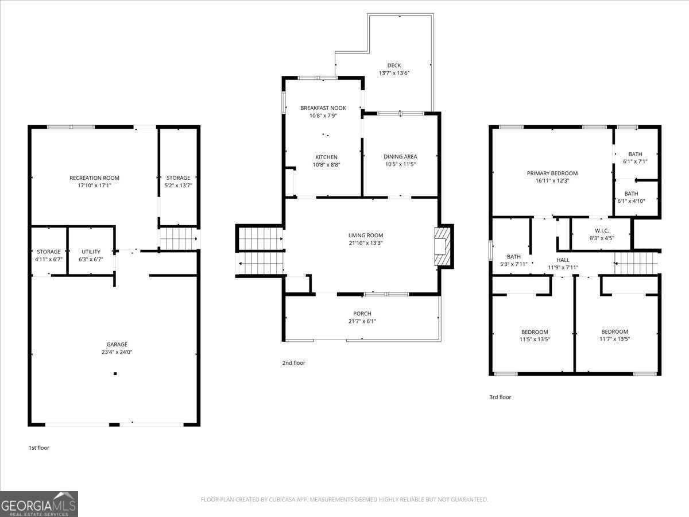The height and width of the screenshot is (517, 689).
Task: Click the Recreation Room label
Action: [94, 178]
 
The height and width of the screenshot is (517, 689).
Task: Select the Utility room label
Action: [91, 252]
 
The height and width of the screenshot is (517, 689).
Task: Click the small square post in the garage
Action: [115, 374]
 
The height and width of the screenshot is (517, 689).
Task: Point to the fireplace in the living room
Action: [443, 246]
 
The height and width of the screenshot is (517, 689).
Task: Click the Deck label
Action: [394, 65]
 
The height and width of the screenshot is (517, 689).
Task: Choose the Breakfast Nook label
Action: [323, 108]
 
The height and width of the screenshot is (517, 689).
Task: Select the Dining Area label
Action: [400, 156]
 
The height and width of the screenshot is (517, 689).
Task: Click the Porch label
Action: [362, 314]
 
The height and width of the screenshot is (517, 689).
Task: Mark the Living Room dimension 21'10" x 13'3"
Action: [365, 243]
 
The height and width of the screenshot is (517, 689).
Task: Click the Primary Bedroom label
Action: [552, 173]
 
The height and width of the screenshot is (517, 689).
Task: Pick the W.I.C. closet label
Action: [601, 230]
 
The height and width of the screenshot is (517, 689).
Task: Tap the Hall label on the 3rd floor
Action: [563, 260]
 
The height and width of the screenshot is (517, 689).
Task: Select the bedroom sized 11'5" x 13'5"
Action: [535, 332]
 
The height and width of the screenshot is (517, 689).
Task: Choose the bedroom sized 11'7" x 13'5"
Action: [614, 332]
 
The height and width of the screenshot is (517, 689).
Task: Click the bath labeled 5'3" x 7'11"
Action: [513, 257]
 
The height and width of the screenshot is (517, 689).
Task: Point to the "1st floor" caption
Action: [39, 447]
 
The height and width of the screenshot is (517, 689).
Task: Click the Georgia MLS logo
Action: [39, 504]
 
